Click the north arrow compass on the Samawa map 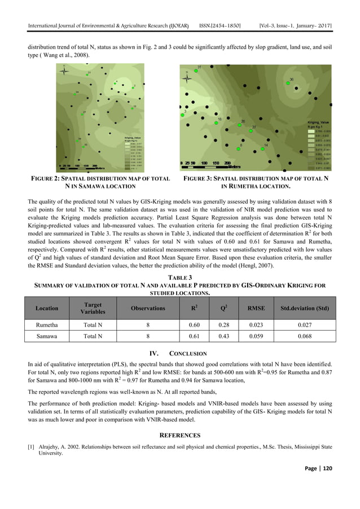[66, 72]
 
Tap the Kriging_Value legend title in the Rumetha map [318, 122]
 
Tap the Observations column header [148, 308]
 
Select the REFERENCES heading [180, 435]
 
